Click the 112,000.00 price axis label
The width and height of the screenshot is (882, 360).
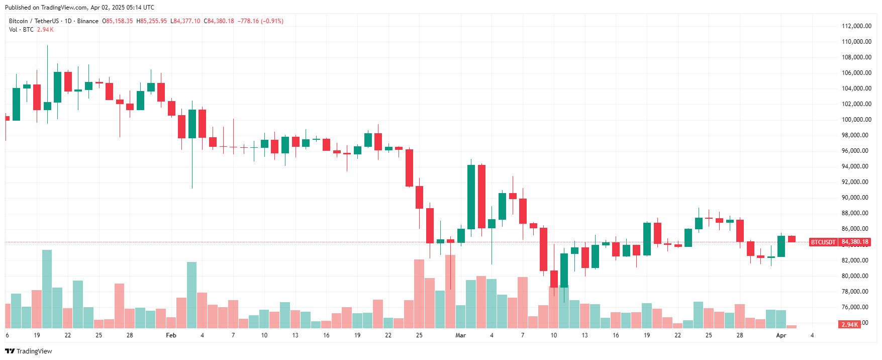(856, 26)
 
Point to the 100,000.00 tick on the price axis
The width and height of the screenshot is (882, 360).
(856, 120)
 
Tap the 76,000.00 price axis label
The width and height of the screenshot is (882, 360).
(856, 307)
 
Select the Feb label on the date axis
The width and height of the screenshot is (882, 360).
(171, 335)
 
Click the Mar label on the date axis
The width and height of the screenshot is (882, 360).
(460, 335)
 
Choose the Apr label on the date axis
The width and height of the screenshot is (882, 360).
(781, 335)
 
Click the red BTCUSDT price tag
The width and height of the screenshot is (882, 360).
(823, 242)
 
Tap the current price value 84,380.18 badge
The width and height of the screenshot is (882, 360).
(855, 242)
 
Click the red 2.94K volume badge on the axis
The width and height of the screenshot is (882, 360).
(849, 325)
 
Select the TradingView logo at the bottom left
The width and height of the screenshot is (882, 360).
(29, 351)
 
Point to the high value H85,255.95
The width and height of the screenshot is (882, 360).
(152, 21)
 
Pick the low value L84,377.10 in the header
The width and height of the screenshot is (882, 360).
(185, 21)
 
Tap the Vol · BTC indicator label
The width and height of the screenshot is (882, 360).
(21, 30)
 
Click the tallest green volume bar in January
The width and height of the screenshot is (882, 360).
(47, 289)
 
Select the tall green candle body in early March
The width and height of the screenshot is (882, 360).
(471, 197)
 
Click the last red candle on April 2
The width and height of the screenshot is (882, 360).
(792, 239)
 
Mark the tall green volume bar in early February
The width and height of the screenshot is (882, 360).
(191, 295)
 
